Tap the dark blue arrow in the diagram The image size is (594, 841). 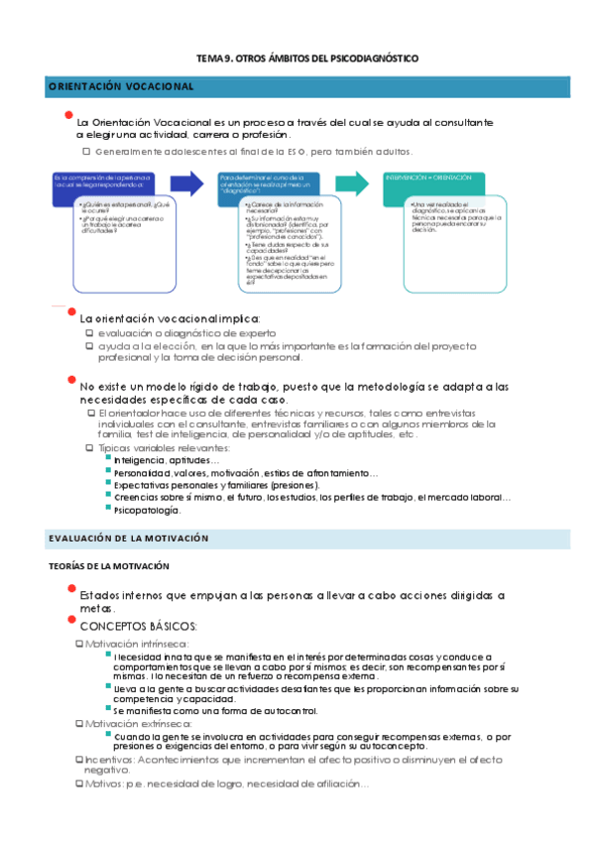point(185,182)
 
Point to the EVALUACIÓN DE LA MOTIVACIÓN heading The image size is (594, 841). point(128,538)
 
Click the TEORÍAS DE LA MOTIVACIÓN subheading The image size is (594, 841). point(109,565)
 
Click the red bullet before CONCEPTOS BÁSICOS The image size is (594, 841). point(70,620)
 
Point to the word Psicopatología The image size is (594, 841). point(147,510)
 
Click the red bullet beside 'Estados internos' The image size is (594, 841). point(70,589)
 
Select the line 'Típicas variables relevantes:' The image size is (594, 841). point(157,448)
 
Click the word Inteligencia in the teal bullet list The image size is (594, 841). point(140,461)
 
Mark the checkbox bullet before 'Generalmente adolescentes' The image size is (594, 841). point(87,152)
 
